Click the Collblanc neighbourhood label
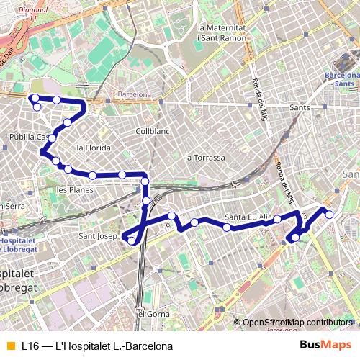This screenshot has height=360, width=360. tap(152, 132)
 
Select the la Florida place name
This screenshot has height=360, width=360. tap(94, 148)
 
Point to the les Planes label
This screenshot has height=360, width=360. tap(75, 190)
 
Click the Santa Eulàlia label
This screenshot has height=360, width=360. tap(248, 217)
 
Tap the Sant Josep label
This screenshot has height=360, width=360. tap(98, 235)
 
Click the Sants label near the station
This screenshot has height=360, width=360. tap(299, 107)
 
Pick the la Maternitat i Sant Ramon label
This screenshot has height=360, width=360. tap(227, 32)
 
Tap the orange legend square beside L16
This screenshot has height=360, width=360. tap(10, 346)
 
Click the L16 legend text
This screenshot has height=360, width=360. tap(97, 346)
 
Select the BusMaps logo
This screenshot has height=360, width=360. tap(325, 346)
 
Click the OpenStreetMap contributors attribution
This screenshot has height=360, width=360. tap(297, 323)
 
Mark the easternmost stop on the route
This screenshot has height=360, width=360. tap(329, 214)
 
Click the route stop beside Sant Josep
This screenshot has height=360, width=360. tap(131, 241)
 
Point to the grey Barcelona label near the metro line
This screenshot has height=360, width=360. tap(135, 94)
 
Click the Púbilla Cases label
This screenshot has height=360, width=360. tap(28, 136)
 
